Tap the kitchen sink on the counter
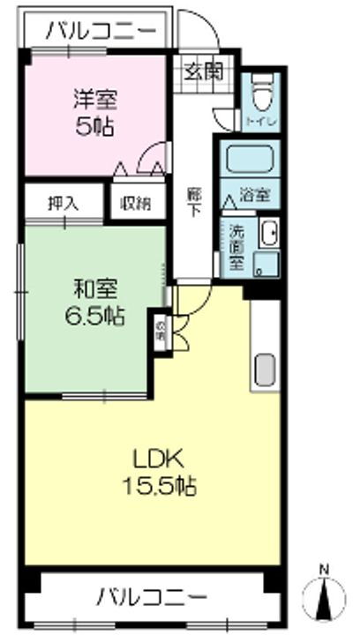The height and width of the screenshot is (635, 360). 266,370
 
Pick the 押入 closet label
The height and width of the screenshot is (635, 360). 63,202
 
